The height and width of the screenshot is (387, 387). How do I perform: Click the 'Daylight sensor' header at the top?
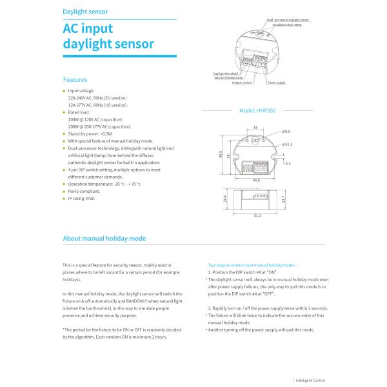85,12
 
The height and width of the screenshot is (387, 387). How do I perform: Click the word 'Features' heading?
75,80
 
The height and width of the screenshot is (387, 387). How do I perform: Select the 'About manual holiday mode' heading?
104,238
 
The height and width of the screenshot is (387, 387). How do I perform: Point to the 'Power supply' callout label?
276,83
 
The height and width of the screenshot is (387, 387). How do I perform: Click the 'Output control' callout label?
241,83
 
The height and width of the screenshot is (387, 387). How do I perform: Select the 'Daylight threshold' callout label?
226,74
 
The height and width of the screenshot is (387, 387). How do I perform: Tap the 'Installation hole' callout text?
288,25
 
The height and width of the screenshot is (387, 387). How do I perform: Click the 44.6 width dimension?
256,181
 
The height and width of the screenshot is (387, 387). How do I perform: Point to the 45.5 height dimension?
221,155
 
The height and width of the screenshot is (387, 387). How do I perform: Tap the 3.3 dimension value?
288,163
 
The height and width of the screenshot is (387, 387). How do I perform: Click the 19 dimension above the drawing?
256,126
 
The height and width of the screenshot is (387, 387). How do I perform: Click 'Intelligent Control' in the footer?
311,381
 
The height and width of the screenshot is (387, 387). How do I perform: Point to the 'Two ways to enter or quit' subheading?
252,265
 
